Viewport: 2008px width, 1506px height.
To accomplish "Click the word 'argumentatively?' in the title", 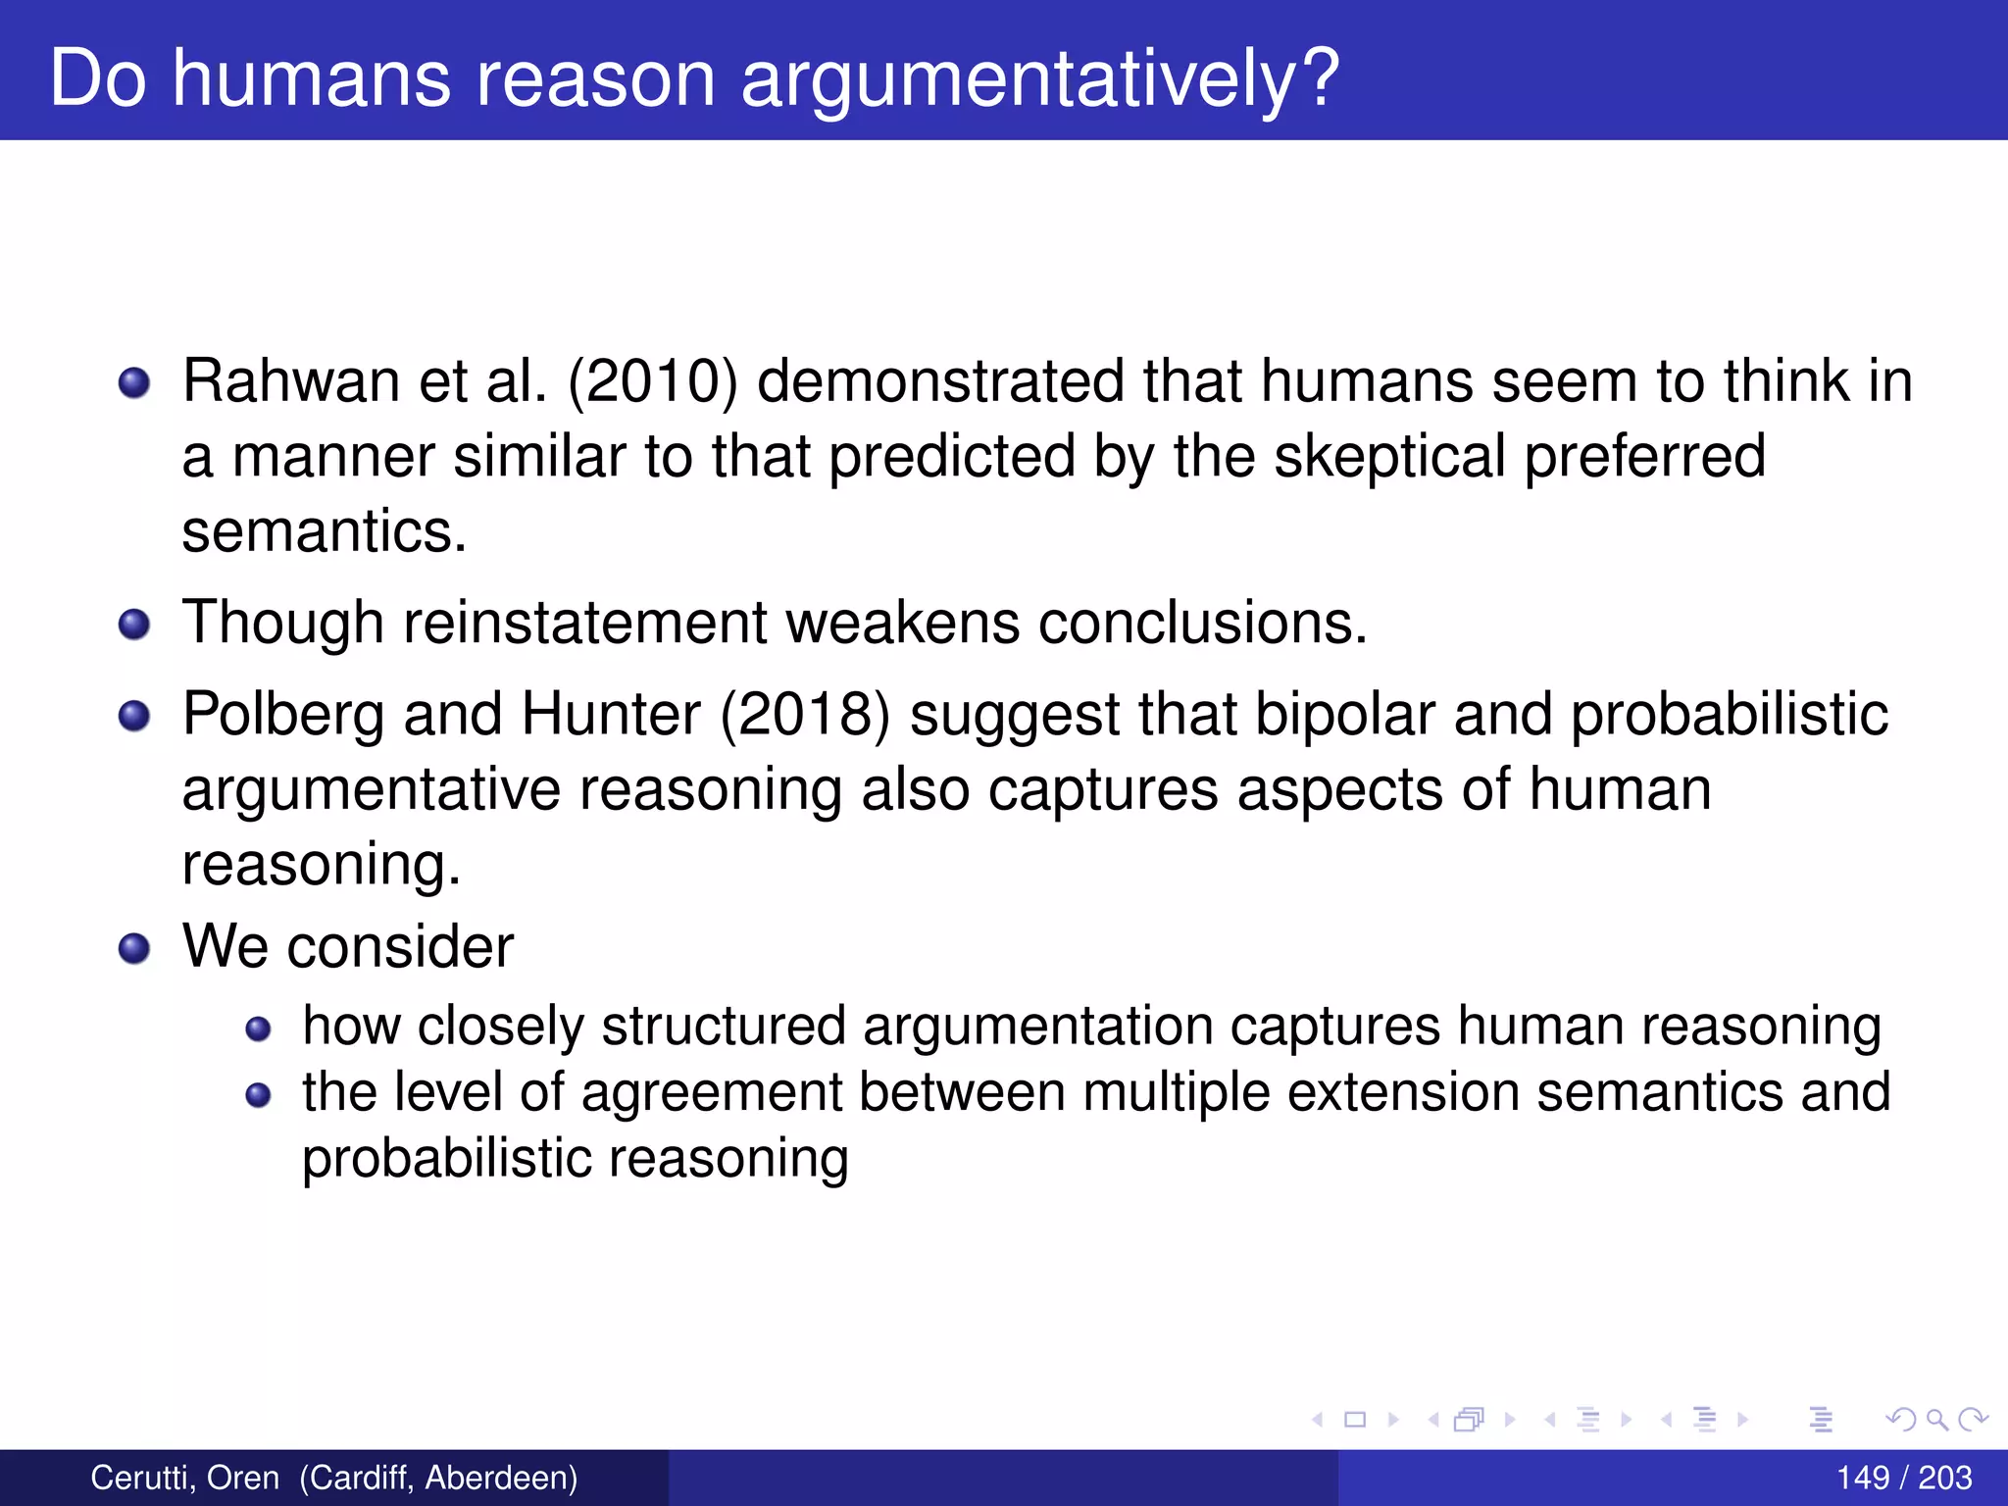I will point(1039,80).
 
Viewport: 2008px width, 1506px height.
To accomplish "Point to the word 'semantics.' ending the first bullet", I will point(324,531).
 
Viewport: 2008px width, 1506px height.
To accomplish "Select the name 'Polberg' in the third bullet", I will point(283,714).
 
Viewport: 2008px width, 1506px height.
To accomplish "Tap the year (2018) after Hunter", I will point(805,714).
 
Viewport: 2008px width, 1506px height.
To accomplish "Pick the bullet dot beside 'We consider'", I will point(134,948).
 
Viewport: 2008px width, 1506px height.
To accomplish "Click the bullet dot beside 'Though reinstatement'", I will point(134,624).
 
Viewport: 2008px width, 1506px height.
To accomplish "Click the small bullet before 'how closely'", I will point(258,1029).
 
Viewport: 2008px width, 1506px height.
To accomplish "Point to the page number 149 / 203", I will point(1903,1478).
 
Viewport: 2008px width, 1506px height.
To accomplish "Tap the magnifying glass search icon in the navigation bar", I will point(1936,1419).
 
